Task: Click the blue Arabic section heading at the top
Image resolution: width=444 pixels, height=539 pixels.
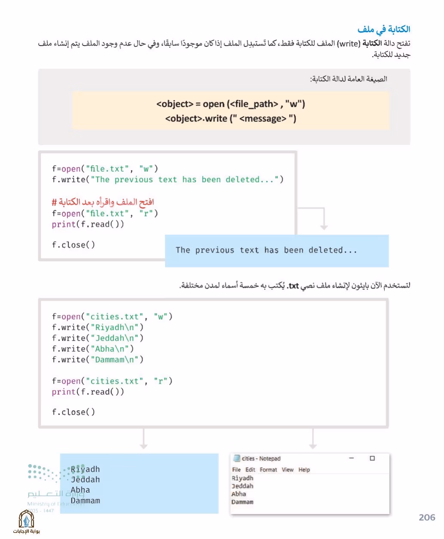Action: (x=383, y=30)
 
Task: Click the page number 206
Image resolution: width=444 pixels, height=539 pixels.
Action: (x=427, y=518)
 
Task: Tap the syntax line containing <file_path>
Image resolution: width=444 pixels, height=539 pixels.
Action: (x=231, y=104)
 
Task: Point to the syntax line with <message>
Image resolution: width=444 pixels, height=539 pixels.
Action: (x=231, y=119)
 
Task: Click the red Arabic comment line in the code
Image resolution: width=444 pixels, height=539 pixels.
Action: (x=103, y=202)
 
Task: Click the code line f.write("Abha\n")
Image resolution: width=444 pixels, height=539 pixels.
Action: (x=93, y=349)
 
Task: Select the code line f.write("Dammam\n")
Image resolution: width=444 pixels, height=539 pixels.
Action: (x=97, y=359)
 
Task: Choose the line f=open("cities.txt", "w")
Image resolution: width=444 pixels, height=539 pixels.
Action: (x=112, y=317)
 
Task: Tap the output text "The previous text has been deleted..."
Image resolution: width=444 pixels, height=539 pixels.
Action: (x=266, y=250)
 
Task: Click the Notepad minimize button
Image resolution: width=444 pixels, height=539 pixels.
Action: (x=351, y=458)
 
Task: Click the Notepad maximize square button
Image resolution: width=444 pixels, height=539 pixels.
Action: (x=372, y=458)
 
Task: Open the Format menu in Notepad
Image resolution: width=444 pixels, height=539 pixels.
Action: (x=268, y=469)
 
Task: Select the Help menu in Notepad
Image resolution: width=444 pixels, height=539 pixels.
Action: (x=304, y=469)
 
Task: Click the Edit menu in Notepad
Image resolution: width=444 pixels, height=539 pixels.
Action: (x=250, y=469)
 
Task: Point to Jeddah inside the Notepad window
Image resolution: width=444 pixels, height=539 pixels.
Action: (x=242, y=486)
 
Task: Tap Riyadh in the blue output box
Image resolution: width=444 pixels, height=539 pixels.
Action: (x=85, y=469)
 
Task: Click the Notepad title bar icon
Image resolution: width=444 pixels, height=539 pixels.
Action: (x=237, y=458)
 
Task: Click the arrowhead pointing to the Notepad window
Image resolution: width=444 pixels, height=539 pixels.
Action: (x=313, y=446)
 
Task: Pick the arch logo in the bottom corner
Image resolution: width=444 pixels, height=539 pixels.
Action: (x=26, y=518)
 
